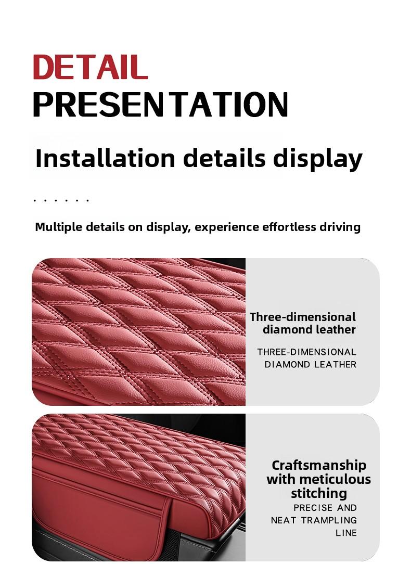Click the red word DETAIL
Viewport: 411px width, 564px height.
click(90, 67)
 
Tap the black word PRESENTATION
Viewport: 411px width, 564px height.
click(161, 104)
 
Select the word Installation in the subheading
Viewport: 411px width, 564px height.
click(106, 158)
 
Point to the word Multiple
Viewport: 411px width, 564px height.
click(59, 227)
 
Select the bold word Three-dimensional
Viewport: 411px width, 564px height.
click(303, 317)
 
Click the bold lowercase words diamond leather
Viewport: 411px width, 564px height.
click(309, 329)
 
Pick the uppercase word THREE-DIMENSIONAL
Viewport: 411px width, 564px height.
click(307, 352)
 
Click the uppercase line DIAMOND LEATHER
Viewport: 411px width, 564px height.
click(310, 364)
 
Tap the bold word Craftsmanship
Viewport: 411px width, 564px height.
click(319, 466)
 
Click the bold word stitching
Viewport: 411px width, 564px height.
click(319, 493)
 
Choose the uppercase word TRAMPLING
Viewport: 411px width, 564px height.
click(329, 520)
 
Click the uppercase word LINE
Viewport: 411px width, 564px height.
click(346, 533)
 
